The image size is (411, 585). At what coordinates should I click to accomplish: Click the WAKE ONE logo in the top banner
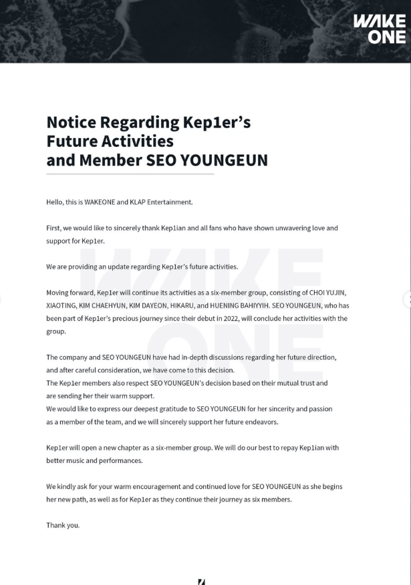pos(388,29)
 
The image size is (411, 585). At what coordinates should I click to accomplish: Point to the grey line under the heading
pos(130,174)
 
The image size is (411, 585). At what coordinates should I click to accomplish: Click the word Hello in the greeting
pos(55,201)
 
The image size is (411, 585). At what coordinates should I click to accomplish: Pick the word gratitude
pos(188,408)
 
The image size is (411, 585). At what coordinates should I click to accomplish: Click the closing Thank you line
pos(63,525)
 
